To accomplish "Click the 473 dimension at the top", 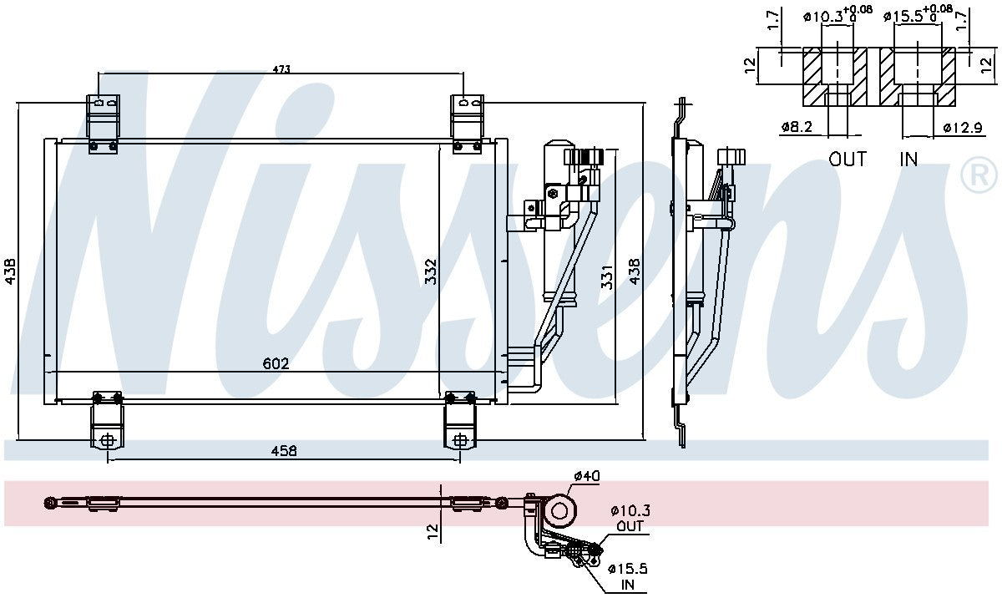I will pos(281,69).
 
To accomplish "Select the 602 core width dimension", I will pos(276,363).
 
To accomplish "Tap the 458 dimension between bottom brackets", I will pos(284,451).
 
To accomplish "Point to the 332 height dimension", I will pos(431,271).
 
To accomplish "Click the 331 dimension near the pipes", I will pos(607,276).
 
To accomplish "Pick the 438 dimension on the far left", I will pos(11,270).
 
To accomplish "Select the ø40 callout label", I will pos(586,477).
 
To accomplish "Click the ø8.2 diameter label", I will pos(797,127).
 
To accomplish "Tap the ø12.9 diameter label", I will pos(959,127).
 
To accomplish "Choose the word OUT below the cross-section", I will pos(848,159).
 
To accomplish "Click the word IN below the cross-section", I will pos(908,159).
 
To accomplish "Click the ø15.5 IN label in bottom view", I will pos(629,576).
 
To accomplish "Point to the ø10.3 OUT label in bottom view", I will pos(630,518).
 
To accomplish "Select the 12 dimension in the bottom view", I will pos(432,531).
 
